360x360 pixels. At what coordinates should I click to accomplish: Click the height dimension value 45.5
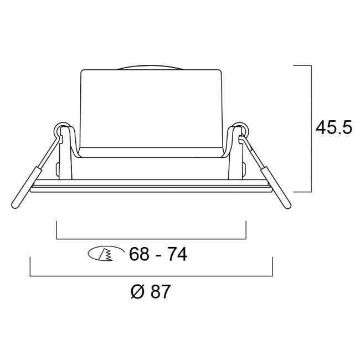tap(333, 128)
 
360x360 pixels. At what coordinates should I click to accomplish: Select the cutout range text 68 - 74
tap(158, 254)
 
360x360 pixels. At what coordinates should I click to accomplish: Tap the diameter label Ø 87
tap(151, 291)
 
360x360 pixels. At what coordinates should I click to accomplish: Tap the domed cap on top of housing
tap(151, 66)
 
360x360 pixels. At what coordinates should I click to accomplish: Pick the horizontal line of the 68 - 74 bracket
tap(151, 239)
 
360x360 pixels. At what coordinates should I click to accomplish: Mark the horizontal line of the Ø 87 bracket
tap(151, 276)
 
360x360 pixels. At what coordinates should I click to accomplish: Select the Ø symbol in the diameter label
tap(139, 291)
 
